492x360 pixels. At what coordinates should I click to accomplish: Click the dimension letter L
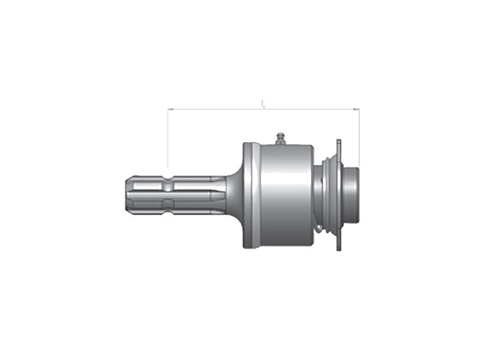[x=263, y=104]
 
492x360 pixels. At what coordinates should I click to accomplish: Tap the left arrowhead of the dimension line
[x=170, y=108]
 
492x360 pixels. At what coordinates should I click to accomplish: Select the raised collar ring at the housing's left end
[x=248, y=194]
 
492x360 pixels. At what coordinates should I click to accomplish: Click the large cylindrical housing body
[x=284, y=194]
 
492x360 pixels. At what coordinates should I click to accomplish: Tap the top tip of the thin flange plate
[x=339, y=142]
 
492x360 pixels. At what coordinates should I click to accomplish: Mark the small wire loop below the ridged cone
[x=321, y=230]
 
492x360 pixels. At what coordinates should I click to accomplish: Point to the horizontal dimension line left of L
[x=214, y=108]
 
